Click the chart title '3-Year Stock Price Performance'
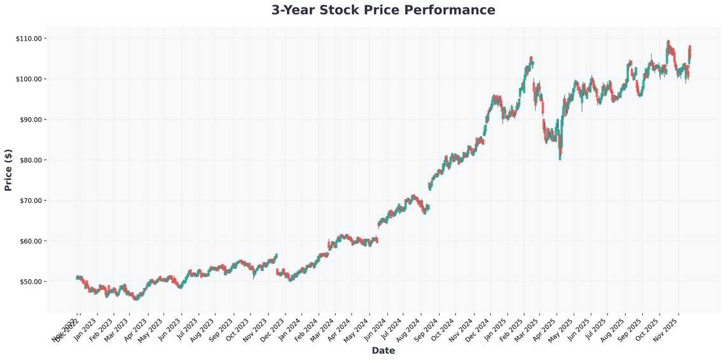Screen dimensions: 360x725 point(383,10)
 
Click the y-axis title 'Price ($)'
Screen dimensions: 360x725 point(8,170)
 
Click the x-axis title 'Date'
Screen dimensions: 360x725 point(383,350)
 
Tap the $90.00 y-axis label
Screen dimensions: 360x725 point(29,120)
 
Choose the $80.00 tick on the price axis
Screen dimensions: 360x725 point(29,160)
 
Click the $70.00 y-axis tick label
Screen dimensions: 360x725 point(29,200)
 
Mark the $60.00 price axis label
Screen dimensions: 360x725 point(29,241)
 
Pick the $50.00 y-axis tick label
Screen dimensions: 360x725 point(29,282)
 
